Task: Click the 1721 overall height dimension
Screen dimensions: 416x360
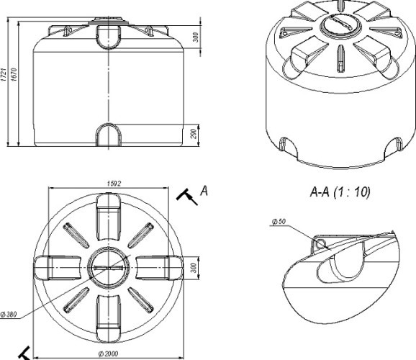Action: pyautogui.click(x=4, y=75)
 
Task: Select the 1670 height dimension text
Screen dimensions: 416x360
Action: pyautogui.click(x=14, y=75)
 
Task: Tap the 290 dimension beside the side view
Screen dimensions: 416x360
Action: pyautogui.click(x=194, y=133)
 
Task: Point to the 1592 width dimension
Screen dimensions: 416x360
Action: pyautogui.click(x=114, y=184)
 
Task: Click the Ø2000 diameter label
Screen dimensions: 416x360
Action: pyautogui.click(x=108, y=354)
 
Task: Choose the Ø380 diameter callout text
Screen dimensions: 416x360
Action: pyautogui.click(x=9, y=315)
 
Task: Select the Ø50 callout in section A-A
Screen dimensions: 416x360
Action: pyautogui.click(x=279, y=221)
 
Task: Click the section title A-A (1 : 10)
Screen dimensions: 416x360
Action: pyautogui.click(x=340, y=192)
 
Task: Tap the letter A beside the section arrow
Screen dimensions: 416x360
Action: pyautogui.click(x=204, y=191)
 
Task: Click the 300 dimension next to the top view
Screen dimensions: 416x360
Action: pyautogui.click(x=194, y=268)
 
